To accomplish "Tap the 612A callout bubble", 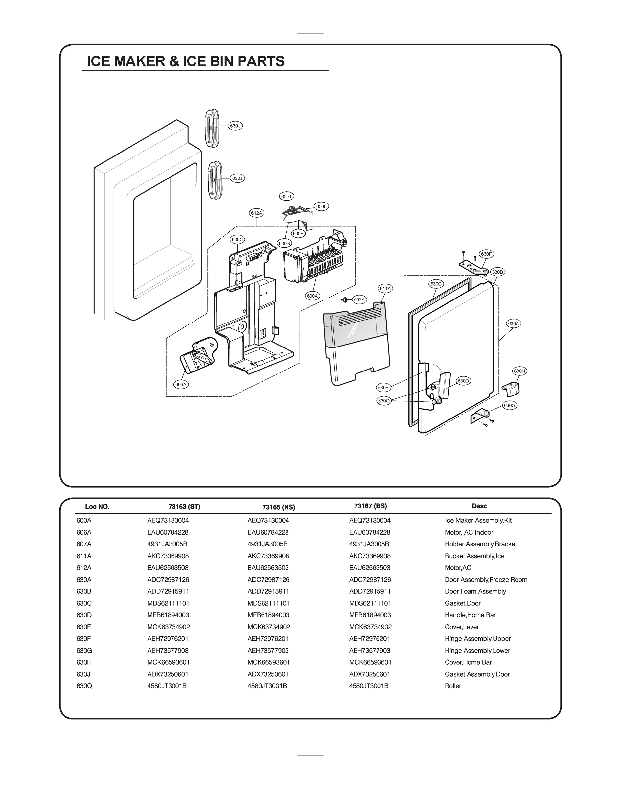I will [257, 213].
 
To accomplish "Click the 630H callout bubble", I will [519, 371].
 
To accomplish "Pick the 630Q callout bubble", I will [383, 401].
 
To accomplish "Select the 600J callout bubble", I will [286, 197].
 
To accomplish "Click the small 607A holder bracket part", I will [344, 299].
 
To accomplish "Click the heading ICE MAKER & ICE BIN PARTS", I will [186, 61].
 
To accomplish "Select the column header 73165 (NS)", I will [279, 507].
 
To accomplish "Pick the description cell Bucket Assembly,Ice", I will [474, 556].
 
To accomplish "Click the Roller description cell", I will [453, 686].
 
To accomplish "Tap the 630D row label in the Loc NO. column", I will [84, 615].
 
